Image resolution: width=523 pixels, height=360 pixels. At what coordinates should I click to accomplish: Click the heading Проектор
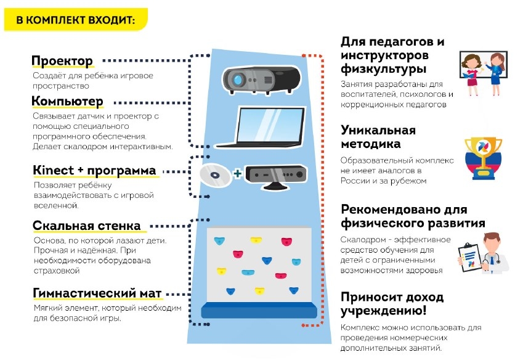click(x=62, y=61)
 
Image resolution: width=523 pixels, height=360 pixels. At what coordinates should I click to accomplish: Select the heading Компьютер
click(x=68, y=101)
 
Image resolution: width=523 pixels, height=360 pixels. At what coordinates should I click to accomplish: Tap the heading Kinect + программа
click(x=94, y=170)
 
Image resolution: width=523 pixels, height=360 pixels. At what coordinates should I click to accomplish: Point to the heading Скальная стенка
click(x=86, y=226)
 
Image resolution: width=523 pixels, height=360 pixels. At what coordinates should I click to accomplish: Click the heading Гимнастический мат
click(x=98, y=293)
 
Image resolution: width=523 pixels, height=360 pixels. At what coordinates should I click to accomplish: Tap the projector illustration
click(x=262, y=78)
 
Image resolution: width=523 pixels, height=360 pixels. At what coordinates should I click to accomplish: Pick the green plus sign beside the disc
click(x=237, y=174)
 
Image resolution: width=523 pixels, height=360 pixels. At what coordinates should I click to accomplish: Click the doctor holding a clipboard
click(x=487, y=253)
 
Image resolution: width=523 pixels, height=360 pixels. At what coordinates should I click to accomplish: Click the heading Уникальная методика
click(x=378, y=137)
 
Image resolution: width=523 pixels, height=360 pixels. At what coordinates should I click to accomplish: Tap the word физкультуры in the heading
click(x=384, y=69)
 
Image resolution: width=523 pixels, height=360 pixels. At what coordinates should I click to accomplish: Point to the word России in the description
click(x=355, y=181)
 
